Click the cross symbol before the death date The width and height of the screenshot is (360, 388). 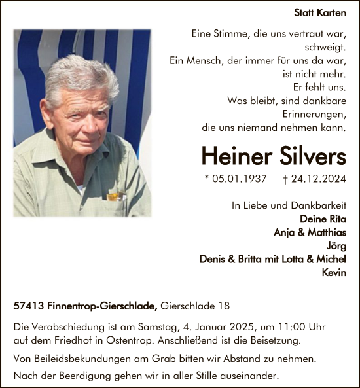tap(285, 178)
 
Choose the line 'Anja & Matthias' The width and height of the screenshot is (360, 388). tap(310, 232)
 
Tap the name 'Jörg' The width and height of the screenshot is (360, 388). tap(336, 245)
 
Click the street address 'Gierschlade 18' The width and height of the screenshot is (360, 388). tap(195, 306)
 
